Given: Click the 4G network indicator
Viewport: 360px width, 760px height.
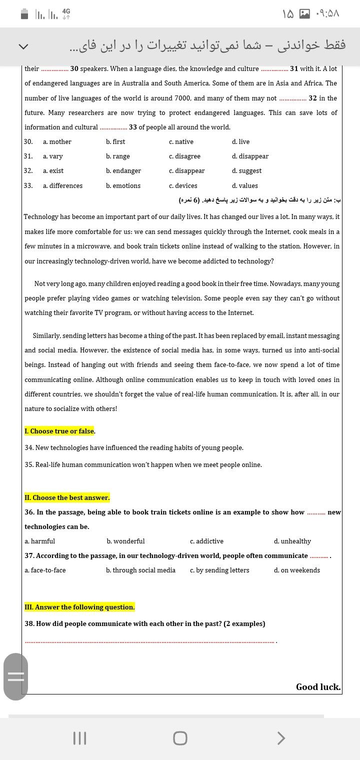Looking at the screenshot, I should click(66, 14).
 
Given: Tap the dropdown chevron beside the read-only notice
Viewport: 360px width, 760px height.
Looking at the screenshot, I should click(23, 46).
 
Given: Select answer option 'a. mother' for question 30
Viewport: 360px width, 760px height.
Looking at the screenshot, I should click(57, 142).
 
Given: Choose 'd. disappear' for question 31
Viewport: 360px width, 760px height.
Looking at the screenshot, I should click(250, 156).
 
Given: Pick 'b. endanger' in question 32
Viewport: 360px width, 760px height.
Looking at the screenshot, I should click(123, 171).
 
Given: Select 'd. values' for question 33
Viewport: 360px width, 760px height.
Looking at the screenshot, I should click(245, 186).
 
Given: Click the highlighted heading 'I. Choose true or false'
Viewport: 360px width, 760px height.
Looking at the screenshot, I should click(59, 431).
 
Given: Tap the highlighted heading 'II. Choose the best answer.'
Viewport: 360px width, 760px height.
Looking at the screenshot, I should click(67, 497).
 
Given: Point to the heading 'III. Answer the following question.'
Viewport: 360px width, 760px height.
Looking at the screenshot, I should click(79, 607).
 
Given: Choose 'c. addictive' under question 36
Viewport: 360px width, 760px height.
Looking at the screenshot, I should click(206, 541).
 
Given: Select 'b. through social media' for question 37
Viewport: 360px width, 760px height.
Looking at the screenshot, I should click(140, 570).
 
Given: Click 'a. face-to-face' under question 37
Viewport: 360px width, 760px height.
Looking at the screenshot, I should click(45, 570).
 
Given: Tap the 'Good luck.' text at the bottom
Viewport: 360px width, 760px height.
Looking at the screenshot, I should click(318, 687).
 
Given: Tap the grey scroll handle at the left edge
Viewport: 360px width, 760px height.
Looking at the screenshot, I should click(15, 676).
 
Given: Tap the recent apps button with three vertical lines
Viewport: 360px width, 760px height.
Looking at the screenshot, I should click(79, 738).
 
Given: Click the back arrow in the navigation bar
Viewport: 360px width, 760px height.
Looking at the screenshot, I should click(281, 738).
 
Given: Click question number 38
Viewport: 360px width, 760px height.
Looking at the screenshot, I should click(29, 623).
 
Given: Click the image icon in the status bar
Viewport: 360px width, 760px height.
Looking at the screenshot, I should click(304, 14).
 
